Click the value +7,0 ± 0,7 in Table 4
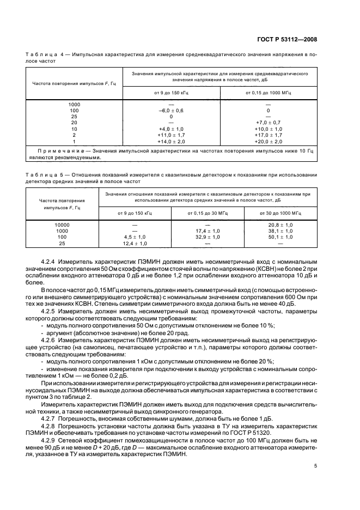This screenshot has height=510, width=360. click(268, 123)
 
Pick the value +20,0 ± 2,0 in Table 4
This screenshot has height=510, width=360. click(268, 141)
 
